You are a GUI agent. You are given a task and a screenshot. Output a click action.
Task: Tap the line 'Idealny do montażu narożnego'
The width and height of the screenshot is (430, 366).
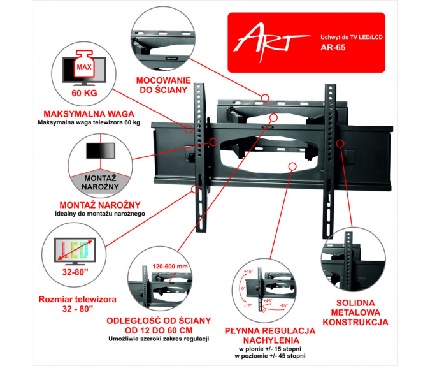pos(92,212)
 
